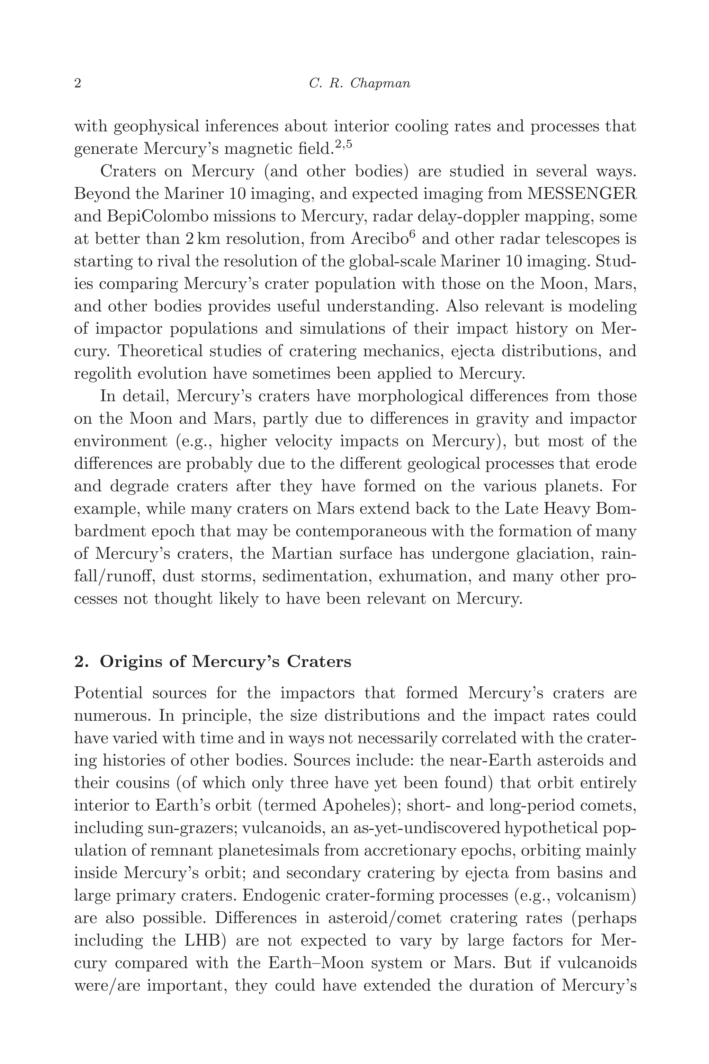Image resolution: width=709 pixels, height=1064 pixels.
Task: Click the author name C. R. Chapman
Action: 359,84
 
